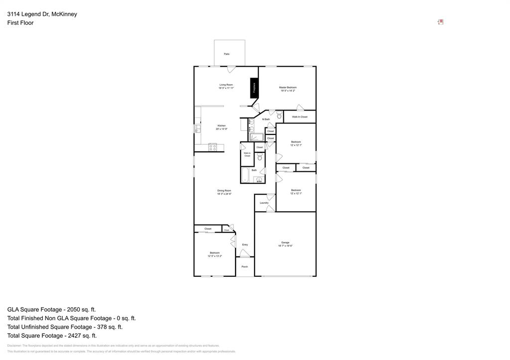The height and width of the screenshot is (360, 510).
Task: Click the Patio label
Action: click(x=227, y=54)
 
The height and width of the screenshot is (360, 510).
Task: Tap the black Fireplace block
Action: click(x=254, y=88)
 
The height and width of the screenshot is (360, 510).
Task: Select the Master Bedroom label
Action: click(x=287, y=87)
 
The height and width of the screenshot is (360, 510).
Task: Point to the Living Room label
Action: click(x=226, y=85)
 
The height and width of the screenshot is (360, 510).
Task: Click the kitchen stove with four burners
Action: click(x=213, y=147)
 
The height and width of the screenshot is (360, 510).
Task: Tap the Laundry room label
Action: click(x=264, y=203)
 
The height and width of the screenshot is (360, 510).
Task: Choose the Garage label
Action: click(x=285, y=242)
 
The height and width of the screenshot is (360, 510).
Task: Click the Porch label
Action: click(x=245, y=267)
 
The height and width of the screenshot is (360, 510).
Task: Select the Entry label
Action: click(x=245, y=244)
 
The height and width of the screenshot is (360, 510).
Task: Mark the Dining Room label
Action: click(x=224, y=191)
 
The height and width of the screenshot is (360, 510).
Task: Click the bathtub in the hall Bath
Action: click(x=245, y=175)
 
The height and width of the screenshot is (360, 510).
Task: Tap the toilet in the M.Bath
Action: click(x=279, y=116)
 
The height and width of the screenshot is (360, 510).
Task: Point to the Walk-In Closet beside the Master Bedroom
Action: click(x=300, y=117)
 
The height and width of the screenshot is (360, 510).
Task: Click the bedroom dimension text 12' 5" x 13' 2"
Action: click(x=215, y=256)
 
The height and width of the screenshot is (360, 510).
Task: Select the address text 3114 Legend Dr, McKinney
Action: click(x=42, y=14)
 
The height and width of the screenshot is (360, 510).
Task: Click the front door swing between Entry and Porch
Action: click(x=244, y=254)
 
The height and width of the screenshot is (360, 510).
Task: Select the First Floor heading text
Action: click(x=20, y=23)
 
